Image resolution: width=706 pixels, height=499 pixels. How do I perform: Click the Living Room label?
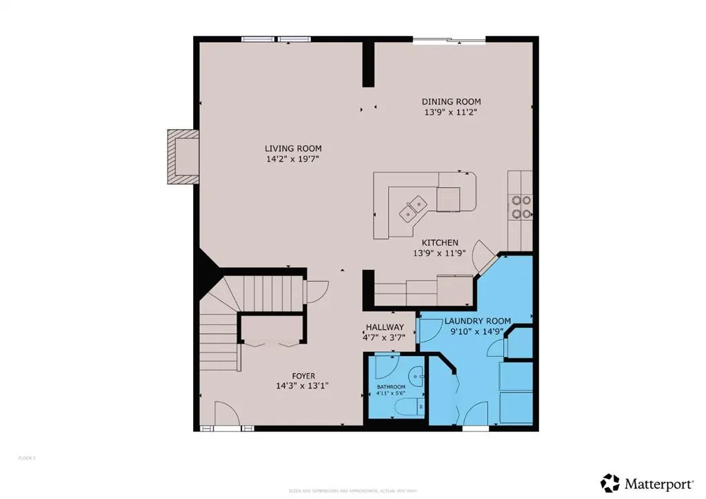point(293,148)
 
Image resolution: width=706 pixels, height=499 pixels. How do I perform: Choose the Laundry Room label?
point(477,321)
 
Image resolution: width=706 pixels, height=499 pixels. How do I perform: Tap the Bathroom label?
point(391,387)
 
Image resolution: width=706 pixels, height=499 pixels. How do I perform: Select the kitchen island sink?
point(414,205)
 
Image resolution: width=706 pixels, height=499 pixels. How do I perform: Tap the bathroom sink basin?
point(416,377)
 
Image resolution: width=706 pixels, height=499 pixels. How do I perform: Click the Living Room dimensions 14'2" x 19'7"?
point(293,159)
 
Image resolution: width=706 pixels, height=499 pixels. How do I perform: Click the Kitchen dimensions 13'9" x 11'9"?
point(440,253)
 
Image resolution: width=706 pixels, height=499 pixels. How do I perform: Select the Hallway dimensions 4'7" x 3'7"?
point(383,337)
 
